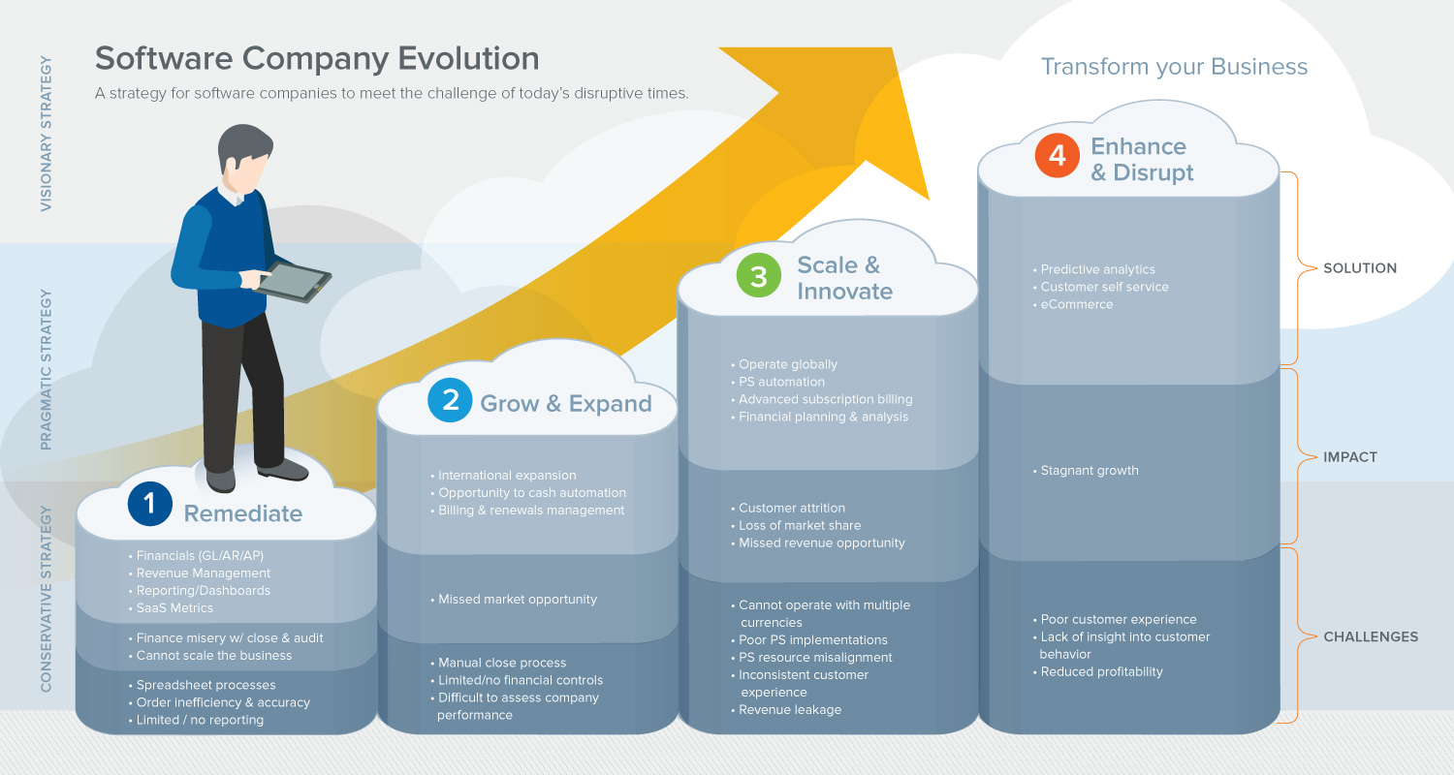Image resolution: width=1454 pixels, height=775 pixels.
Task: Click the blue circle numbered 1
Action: [x=149, y=503]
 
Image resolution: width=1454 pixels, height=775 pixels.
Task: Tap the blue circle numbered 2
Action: [x=451, y=401]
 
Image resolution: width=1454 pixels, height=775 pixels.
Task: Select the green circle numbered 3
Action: [x=759, y=276]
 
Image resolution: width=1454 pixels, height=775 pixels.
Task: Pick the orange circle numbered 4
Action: [x=1058, y=156]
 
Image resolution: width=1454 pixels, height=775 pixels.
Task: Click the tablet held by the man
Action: [x=294, y=281]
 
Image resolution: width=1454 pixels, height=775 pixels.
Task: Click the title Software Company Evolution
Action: [x=317, y=58]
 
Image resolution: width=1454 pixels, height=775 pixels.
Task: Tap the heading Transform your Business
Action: [x=1174, y=67]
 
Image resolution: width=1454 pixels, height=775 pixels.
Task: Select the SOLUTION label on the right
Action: [x=1360, y=268]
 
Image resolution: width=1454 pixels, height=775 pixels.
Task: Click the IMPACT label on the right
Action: [x=1350, y=457]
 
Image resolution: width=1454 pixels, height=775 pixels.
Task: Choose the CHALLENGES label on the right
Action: [x=1371, y=637]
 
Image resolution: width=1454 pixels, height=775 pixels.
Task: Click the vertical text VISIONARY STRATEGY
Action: [x=47, y=134]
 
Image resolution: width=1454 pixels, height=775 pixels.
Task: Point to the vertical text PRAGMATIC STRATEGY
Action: [x=47, y=369]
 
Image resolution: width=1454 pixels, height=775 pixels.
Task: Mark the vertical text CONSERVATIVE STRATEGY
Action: [x=47, y=598]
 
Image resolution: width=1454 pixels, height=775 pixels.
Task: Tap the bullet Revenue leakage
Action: [x=789, y=710]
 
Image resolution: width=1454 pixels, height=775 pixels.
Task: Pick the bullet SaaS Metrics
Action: [x=174, y=608]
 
